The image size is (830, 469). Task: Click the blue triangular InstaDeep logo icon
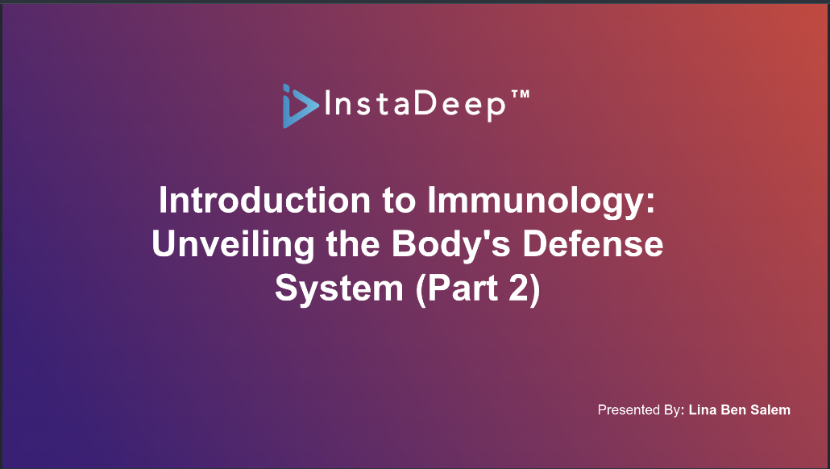click(x=300, y=106)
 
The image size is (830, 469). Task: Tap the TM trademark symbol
click(x=521, y=95)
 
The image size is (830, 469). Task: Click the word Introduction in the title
click(x=264, y=200)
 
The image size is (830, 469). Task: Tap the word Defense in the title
click(x=593, y=244)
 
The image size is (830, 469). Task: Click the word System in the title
click(x=339, y=288)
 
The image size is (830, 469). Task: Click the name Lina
click(x=703, y=409)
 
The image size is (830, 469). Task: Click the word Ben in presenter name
click(x=733, y=409)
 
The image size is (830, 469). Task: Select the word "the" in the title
click(x=353, y=244)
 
